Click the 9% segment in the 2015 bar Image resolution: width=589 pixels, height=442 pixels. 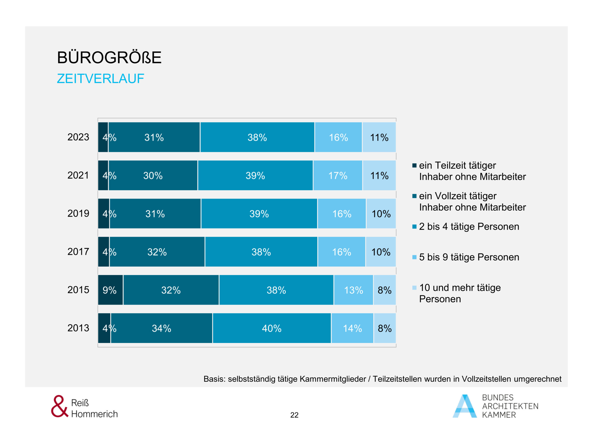[110, 290]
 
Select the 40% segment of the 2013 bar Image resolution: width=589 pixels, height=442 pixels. [271, 328]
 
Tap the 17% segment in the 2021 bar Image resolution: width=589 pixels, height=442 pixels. [338, 175]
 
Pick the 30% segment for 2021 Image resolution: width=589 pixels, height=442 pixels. [153, 175]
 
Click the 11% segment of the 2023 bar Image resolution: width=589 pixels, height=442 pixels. [379, 137]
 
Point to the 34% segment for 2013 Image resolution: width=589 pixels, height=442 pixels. [161, 328]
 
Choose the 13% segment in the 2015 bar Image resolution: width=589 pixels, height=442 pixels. [353, 290]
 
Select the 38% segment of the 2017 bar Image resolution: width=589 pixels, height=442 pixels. [261, 252]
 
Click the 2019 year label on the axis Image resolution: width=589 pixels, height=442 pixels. [78, 213]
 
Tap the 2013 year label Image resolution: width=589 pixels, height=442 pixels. [78, 328]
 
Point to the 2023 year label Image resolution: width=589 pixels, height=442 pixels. [78, 137]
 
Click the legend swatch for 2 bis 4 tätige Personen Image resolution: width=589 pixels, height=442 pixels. [414, 227]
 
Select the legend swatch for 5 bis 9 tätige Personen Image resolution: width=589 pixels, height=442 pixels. [414, 257]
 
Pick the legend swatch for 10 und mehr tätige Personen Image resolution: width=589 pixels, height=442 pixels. [414, 288]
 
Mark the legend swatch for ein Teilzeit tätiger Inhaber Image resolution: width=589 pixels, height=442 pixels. [414, 166]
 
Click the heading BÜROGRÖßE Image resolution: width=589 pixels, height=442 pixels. [109, 57]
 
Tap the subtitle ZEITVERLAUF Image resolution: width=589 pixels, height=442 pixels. [100, 79]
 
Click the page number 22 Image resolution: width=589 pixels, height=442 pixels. [294, 415]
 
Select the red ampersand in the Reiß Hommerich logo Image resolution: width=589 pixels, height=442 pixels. [59, 406]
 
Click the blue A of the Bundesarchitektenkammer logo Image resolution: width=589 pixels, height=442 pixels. [465, 406]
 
